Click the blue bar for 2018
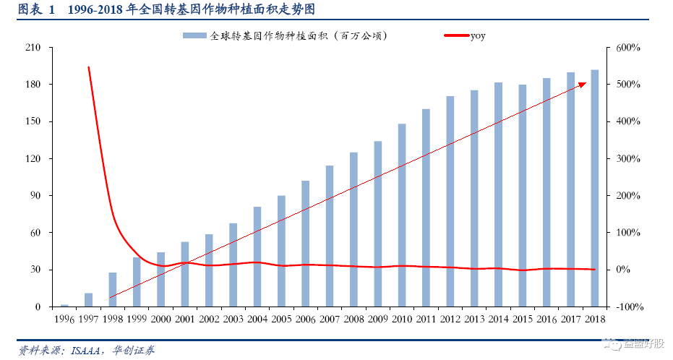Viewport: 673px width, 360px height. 595,188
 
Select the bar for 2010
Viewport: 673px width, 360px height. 402,215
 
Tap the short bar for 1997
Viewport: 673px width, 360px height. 88,299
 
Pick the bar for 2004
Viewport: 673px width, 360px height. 257,257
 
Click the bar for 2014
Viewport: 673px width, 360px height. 499,194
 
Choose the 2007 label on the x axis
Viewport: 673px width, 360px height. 330,318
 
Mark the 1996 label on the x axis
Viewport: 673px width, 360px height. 64,318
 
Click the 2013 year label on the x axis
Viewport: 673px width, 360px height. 474,318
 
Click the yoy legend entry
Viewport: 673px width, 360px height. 476,35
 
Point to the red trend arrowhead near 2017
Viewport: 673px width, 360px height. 582,85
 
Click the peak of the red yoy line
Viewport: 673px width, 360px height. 88,67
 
